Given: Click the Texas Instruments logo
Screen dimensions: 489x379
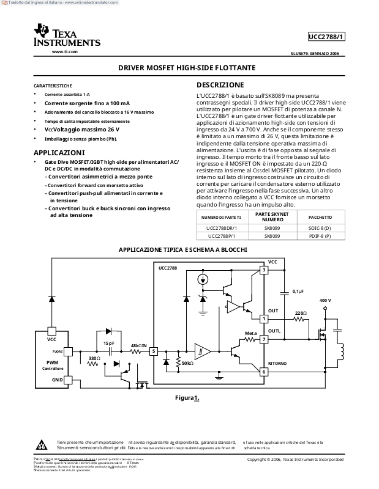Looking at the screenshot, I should pyautogui.click(x=67, y=36).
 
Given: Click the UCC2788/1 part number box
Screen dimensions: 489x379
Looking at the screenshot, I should pyautogui.click(x=327, y=37).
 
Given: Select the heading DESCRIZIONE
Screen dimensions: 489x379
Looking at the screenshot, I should pyautogui.click(x=219, y=85).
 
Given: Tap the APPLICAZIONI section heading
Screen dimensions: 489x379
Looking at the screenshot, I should pyautogui.click(x=59, y=152).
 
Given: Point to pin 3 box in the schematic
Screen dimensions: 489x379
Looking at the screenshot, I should pyautogui.click(x=264, y=270).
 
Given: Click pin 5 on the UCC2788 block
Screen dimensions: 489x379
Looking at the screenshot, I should pyautogui.click(x=154, y=351).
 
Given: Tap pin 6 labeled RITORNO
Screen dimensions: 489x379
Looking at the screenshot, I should pyautogui.click(x=264, y=371).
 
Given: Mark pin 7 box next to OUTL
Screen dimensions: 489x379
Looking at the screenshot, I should pyautogui.click(x=264, y=339).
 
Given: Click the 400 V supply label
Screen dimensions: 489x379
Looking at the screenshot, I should pyautogui.click(x=325, y=301).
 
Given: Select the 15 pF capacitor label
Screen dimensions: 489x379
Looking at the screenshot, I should pyautogui.click(x=108, y=344).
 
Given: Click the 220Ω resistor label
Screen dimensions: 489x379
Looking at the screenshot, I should pyautogui.click(x=300, y=313).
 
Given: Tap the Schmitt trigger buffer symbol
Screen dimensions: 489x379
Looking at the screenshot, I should pyautogui.click(x=201, y=351).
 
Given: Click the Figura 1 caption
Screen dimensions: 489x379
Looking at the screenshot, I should pyautogui.click(x=187, y=398).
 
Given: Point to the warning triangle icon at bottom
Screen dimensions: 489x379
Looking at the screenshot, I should pyautogui.click(x=41, y=444).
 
